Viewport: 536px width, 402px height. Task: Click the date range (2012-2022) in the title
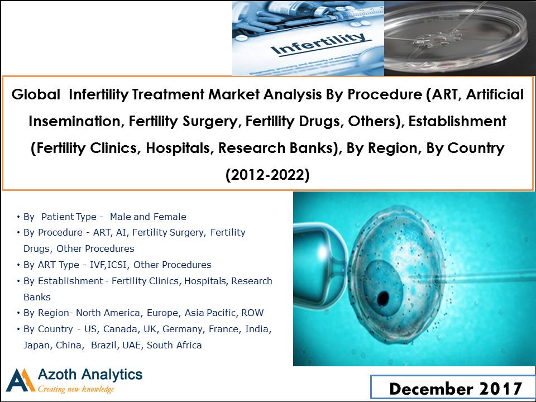pos(267,175)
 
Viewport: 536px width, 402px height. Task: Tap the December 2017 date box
pos(453,388)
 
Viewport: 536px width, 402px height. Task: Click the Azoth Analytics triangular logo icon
pos(21,380)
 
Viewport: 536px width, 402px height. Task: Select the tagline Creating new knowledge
pos(75,389)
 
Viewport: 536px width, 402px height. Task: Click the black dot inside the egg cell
pos(383,298)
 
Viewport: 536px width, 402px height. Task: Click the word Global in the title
pos(36,94)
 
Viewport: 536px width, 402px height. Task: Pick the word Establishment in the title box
pos(457,121)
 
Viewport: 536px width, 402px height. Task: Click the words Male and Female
pos(148,217)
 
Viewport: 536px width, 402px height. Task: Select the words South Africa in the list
pos(174,345)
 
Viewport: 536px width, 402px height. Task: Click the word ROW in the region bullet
pos(252,313)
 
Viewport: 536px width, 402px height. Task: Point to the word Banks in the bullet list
pos(37,297)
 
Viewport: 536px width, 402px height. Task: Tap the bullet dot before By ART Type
pos(18,265)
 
